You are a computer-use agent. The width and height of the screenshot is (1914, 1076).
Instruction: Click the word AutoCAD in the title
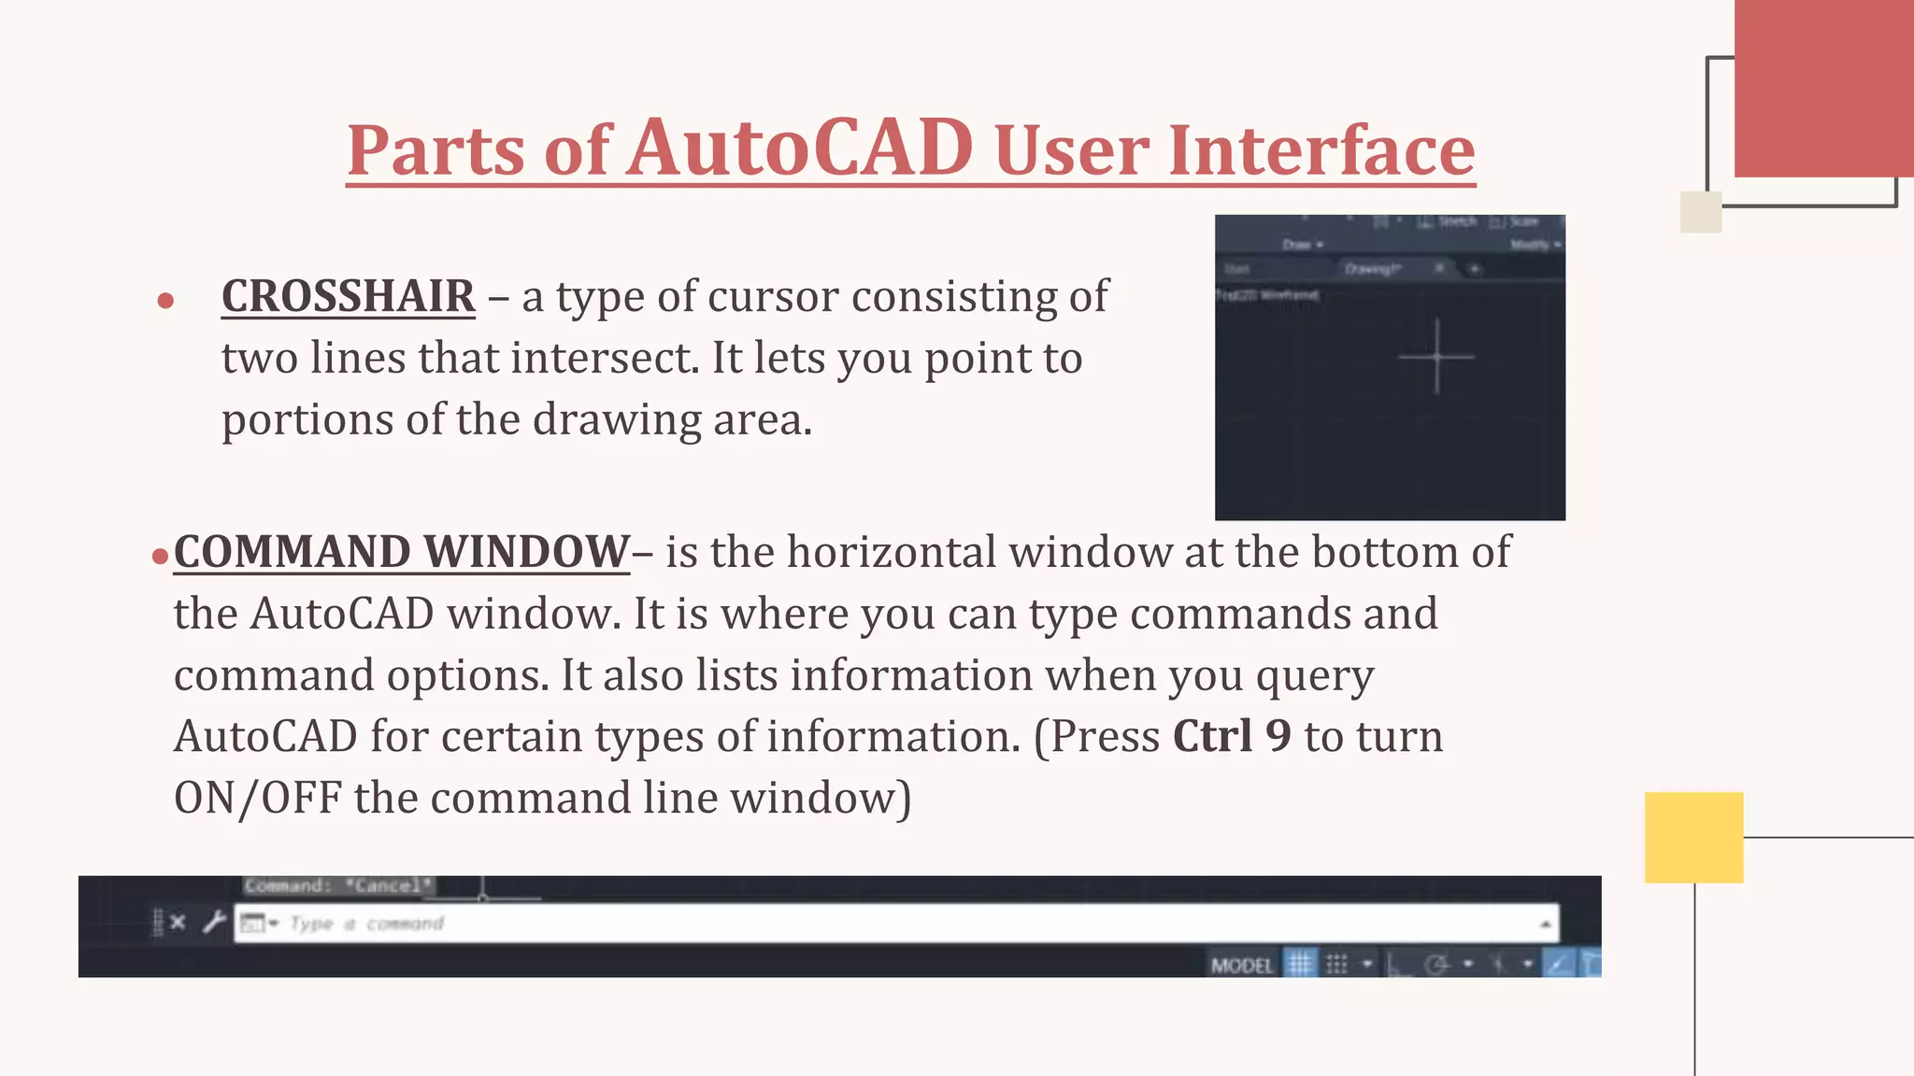tap(800, 149)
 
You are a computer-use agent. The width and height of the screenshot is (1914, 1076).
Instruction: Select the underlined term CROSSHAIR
tap(348, 297)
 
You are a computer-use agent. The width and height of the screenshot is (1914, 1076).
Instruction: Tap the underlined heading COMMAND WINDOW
tap(402, 552)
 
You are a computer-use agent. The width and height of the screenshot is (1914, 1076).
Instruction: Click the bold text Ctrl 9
tap(1232, 736)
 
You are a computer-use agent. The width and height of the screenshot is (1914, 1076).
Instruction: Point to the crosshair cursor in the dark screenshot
tap(1436, 357)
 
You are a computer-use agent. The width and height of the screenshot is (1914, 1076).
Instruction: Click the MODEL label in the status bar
tap(1241, 965)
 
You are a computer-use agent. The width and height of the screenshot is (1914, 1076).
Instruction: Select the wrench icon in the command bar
tap(214, 923)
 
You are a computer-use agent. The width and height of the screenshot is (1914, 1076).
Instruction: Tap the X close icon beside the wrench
tap(178, 923)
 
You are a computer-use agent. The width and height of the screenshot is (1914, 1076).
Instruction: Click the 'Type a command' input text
tap(366, 924)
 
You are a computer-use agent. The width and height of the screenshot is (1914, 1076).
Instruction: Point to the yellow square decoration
tap(1693, 837)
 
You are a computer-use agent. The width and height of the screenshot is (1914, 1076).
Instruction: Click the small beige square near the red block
tap(1700, 212)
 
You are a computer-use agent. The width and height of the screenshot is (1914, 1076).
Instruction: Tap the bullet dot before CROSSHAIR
tap(165, 301)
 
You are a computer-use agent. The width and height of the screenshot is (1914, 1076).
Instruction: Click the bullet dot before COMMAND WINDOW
tap(159, 557)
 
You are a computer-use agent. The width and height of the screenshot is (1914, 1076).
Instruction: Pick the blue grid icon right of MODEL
tap(1300, 963)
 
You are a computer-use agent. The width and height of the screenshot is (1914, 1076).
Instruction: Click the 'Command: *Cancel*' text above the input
tap(338, 885)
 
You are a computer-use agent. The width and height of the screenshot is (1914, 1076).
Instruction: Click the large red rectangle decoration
tap(1822, 89)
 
